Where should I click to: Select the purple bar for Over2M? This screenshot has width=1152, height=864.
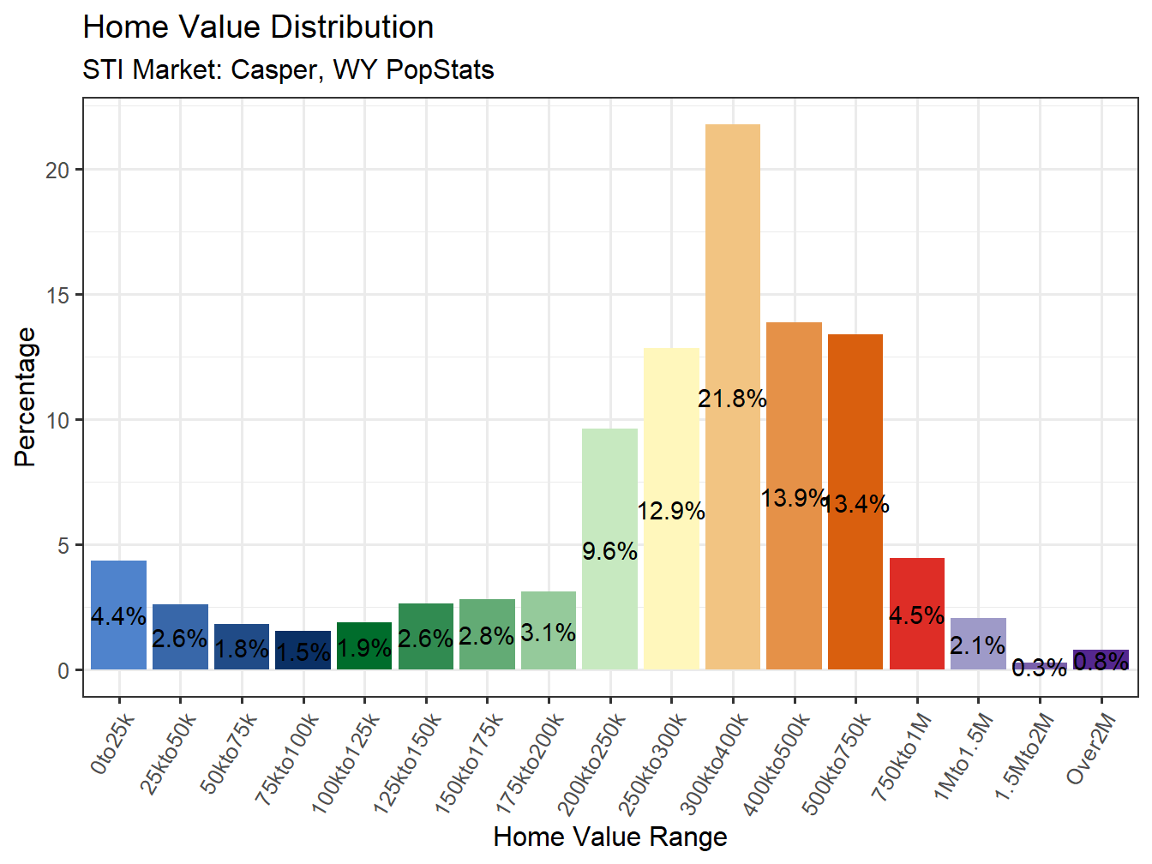1101,660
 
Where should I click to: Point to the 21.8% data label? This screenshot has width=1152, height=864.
732,399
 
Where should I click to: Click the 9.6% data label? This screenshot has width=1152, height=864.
609,551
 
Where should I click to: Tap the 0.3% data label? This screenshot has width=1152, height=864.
1039,668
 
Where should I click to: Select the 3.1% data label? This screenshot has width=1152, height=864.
548,633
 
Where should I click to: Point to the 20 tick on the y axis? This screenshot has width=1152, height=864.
57,170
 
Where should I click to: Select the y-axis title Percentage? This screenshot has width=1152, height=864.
26,397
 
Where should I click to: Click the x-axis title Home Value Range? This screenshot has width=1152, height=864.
610,837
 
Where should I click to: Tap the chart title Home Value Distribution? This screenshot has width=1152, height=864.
258,27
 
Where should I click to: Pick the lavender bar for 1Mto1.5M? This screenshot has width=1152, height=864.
978,644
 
